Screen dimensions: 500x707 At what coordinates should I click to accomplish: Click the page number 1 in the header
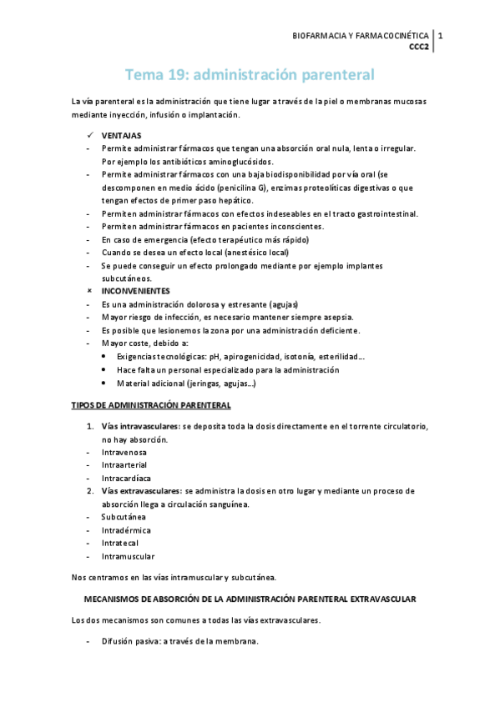coord(441,36)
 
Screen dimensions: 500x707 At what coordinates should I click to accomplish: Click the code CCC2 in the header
coord(419,48)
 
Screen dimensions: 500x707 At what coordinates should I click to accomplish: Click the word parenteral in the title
coord(326,74)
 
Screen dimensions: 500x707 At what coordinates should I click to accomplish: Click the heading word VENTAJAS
coord(121,135)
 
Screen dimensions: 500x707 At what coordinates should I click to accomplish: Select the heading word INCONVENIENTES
coord(136,291)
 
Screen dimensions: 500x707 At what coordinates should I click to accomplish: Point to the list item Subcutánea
coord(124,517)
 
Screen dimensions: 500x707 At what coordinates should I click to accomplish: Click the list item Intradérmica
coord(127,530)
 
